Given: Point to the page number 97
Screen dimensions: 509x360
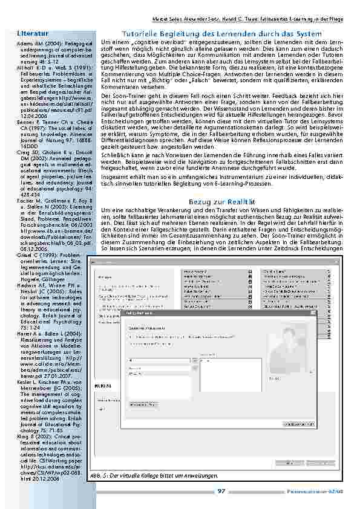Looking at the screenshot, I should pyautogui.click(x=221, y=490).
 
